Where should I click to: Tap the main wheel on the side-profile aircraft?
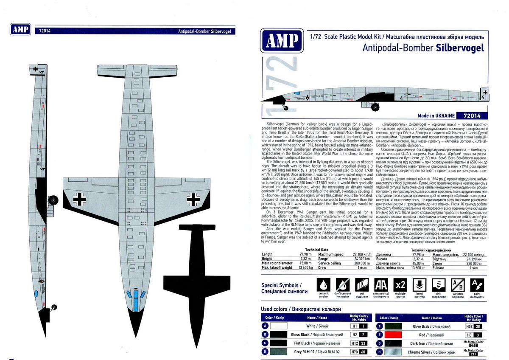[375, 107]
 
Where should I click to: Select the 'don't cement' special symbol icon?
[343, 285]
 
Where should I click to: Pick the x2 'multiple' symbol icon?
[400, 285]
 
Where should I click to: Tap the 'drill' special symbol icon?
[439, 285]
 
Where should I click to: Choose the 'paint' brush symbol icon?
[477, 285]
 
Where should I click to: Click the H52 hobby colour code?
[469, 326]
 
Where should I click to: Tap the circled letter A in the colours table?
[266, 326]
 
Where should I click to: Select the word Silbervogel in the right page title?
[460, 48]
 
